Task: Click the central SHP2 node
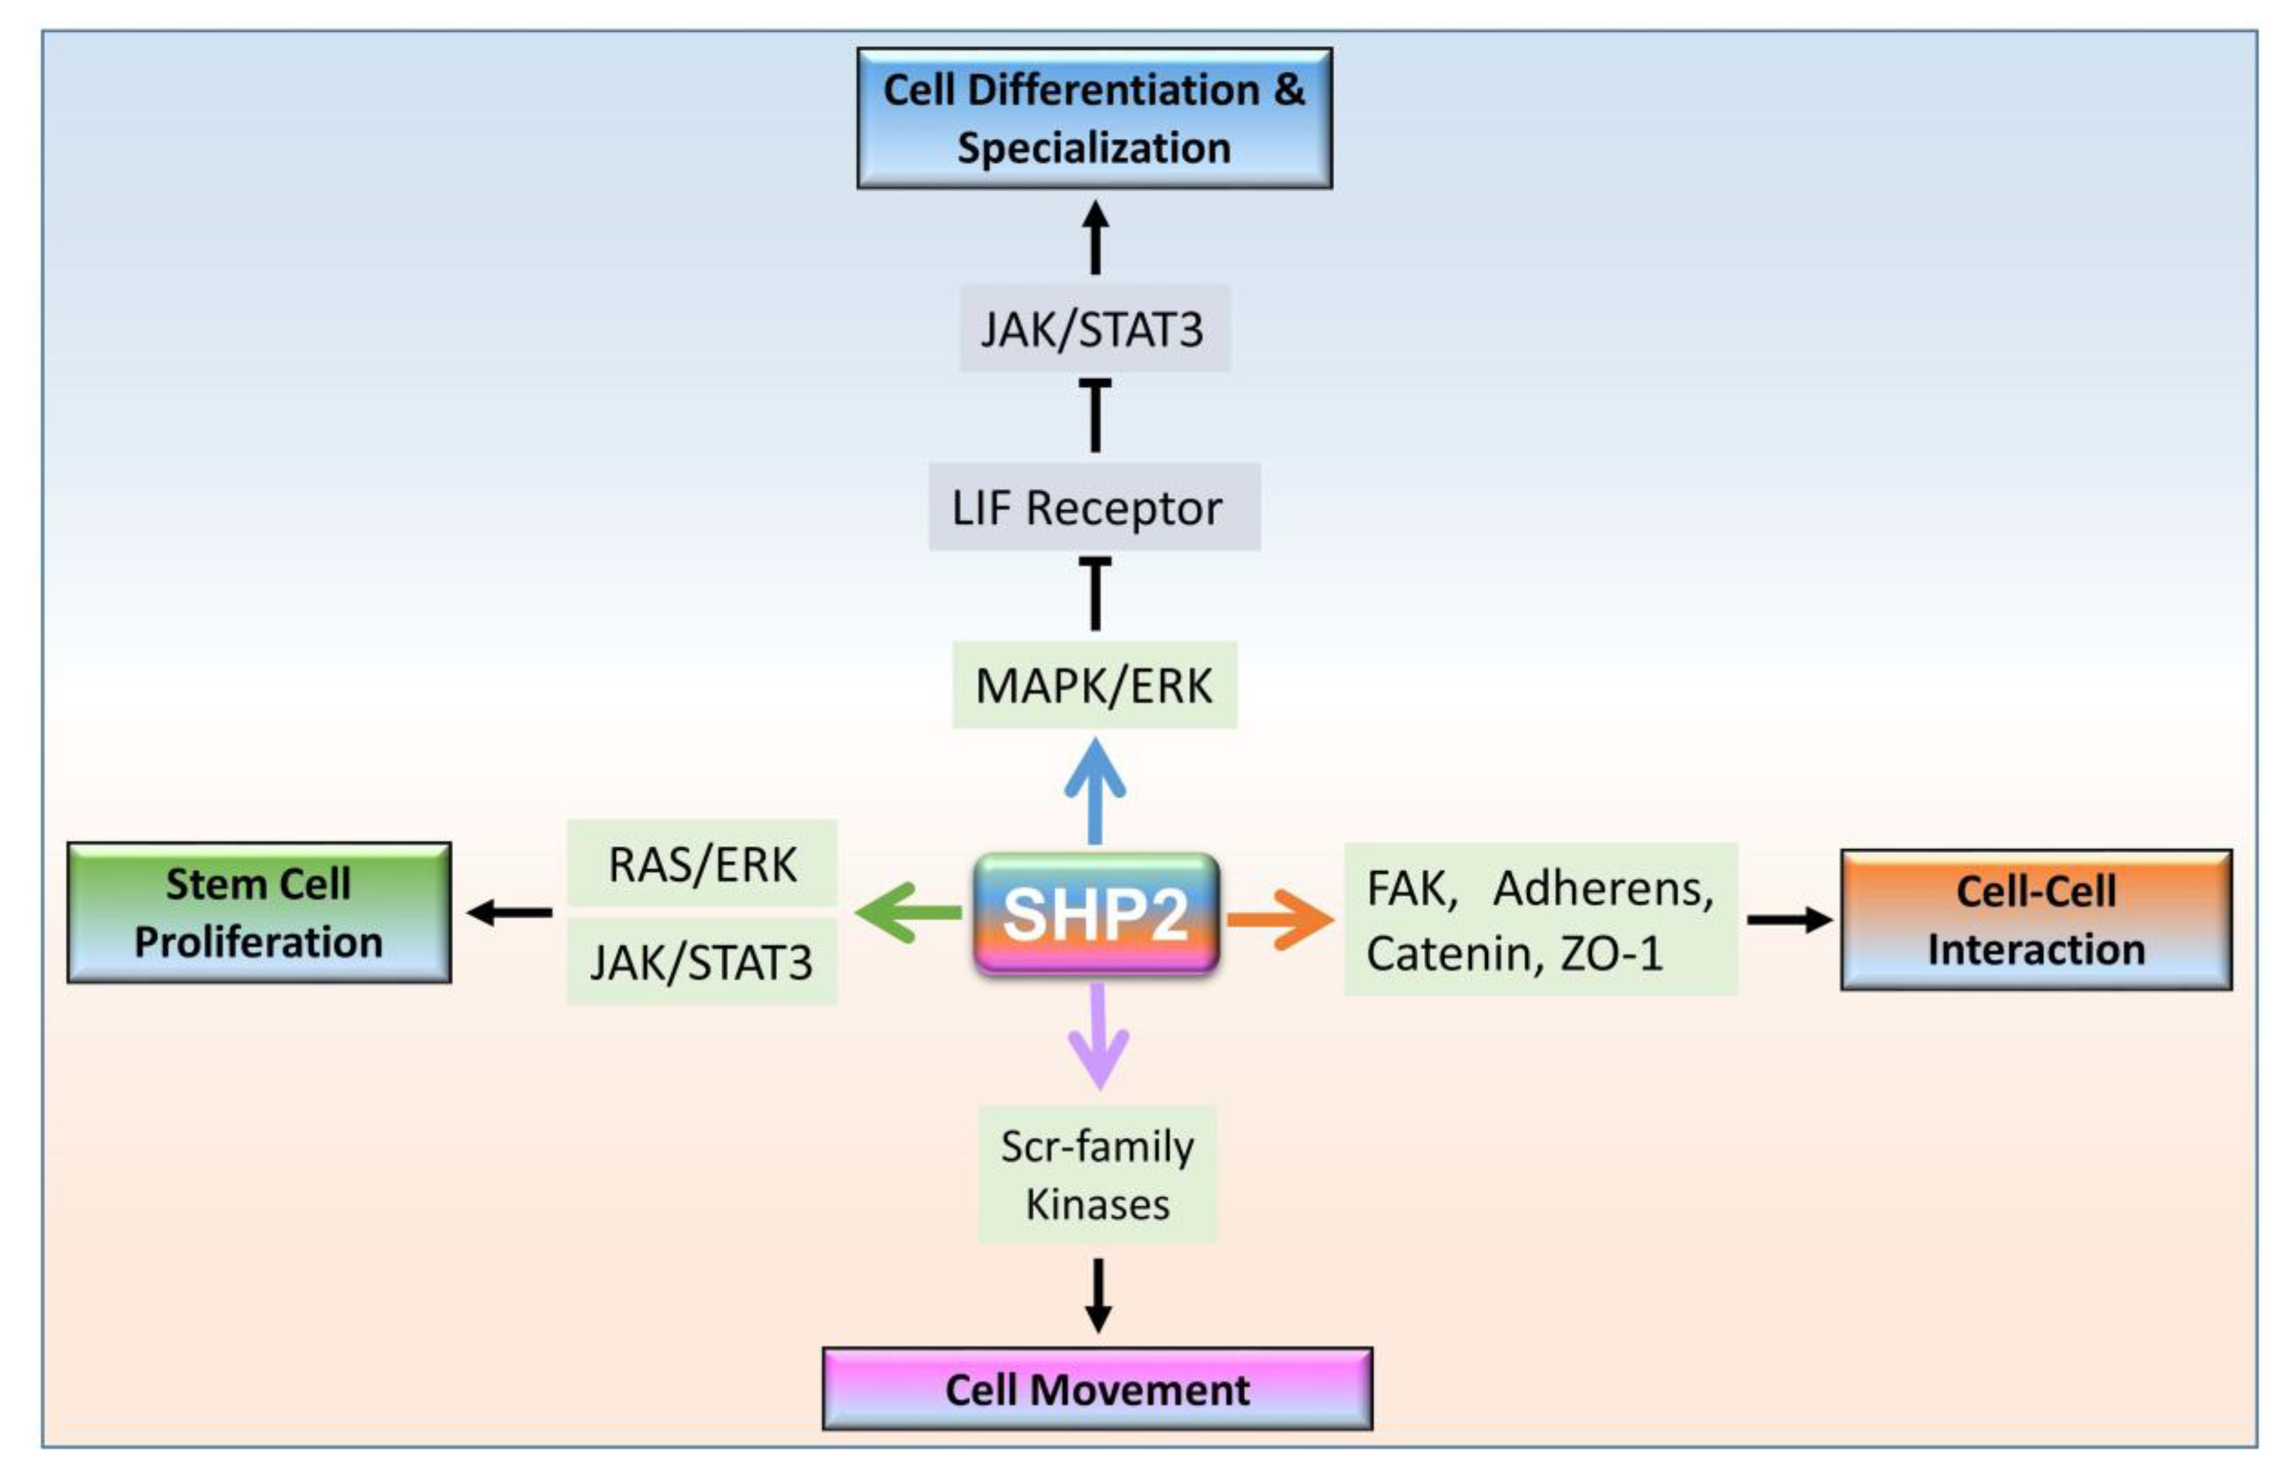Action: [x=1096, y=914]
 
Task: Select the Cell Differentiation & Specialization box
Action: [x=1094, y=118]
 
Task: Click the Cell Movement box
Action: [x=1097, y=1389]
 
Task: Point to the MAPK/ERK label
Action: [x=1094, y=685]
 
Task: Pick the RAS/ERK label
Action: [x=702, y=863]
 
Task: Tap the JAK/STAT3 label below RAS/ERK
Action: [x=702, y=962]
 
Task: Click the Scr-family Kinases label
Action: [x=1097, y=1174]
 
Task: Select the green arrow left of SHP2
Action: [x=906, y=912]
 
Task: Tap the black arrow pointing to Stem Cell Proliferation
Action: [x=510, y=912]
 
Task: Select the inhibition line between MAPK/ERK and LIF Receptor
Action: [x=1095, y=593]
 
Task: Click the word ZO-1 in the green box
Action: [x=1611, y=954]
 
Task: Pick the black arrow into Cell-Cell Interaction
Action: [x=1789, y=919]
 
